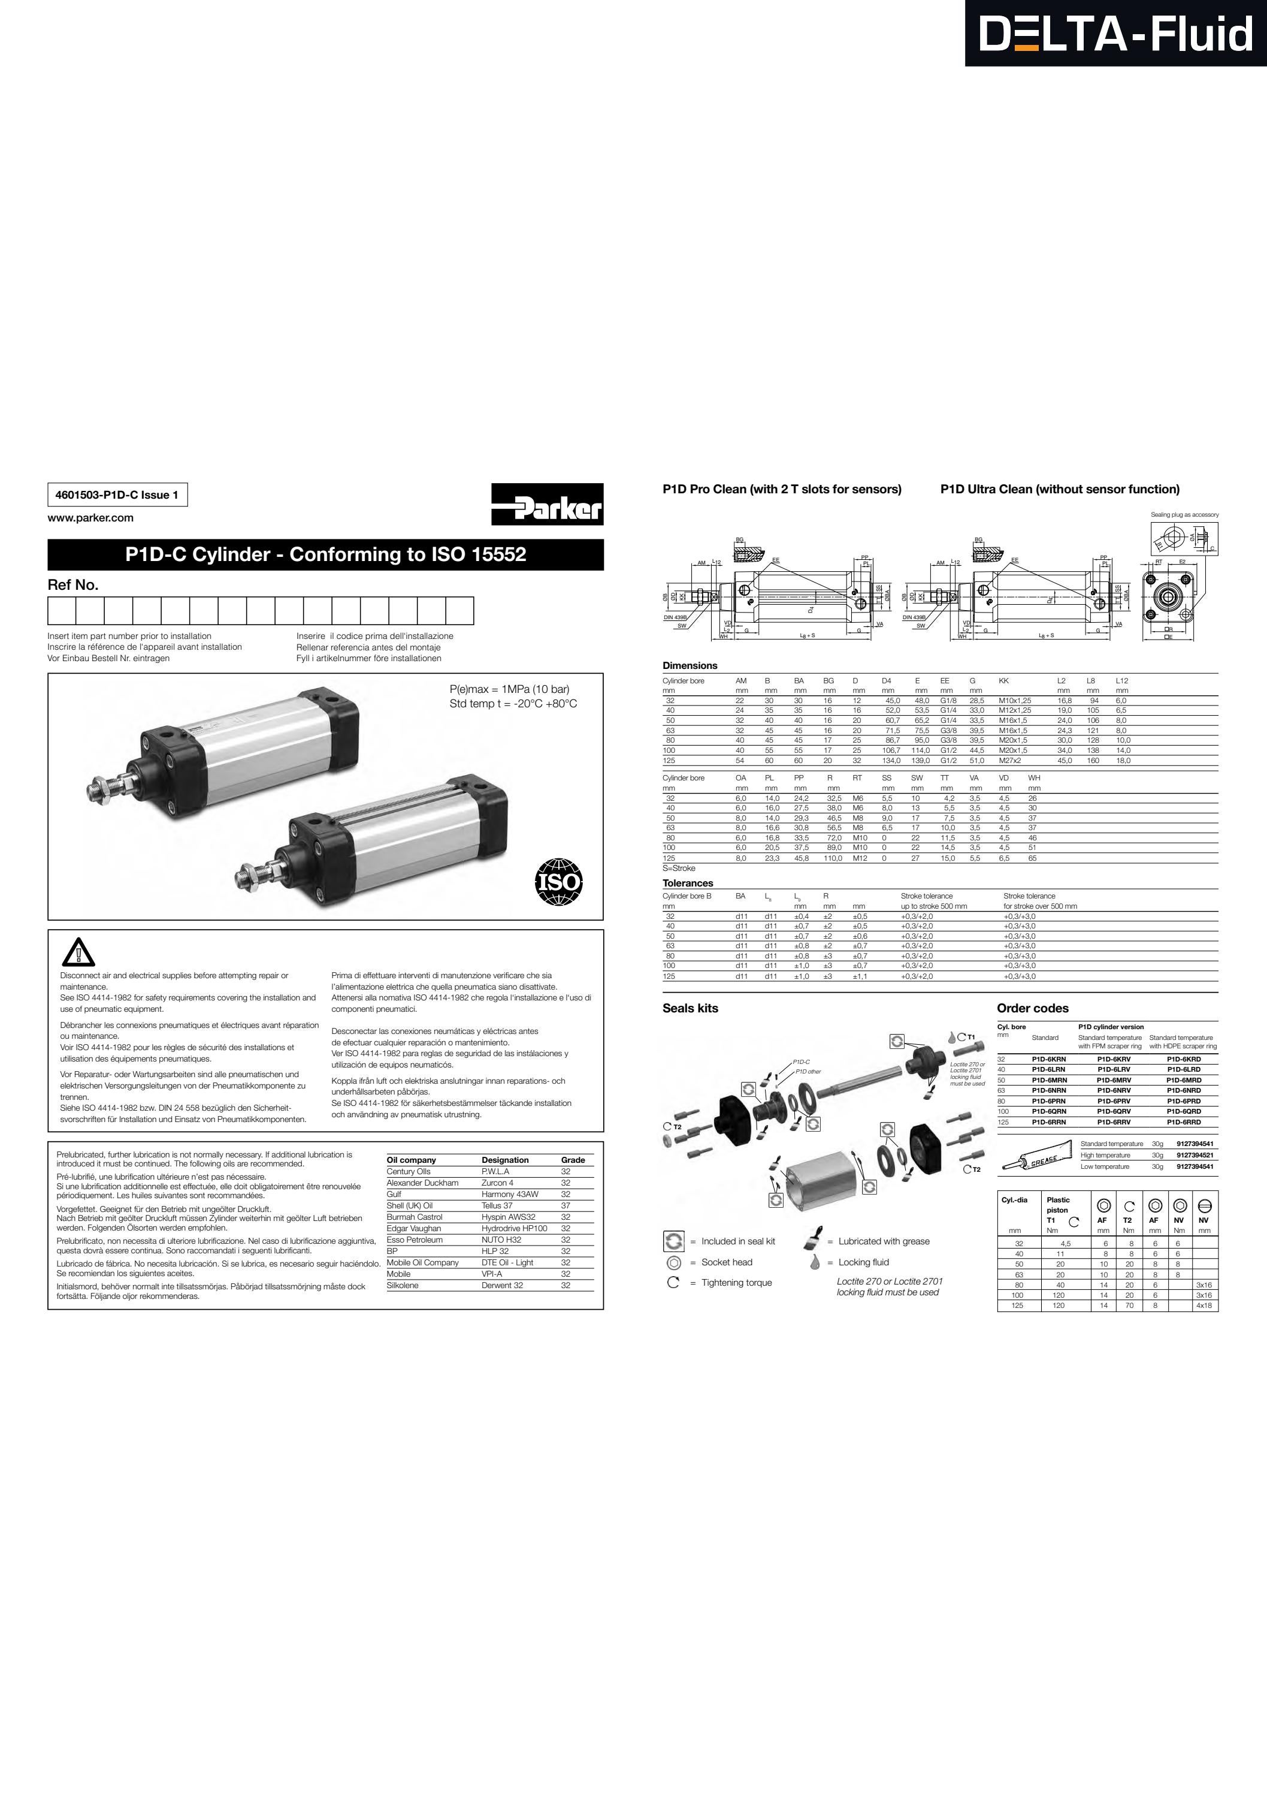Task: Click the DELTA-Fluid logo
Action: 1115,34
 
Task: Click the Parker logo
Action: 547,505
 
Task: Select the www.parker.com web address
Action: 90,518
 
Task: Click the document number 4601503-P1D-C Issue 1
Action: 117,495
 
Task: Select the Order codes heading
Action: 1032,1008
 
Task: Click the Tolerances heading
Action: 687,883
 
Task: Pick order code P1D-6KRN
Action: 1048,1059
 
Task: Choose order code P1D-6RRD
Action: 1183,1122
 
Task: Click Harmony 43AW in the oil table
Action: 509,1194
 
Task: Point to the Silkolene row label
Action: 403,1285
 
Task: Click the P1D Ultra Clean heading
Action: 1059,489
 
